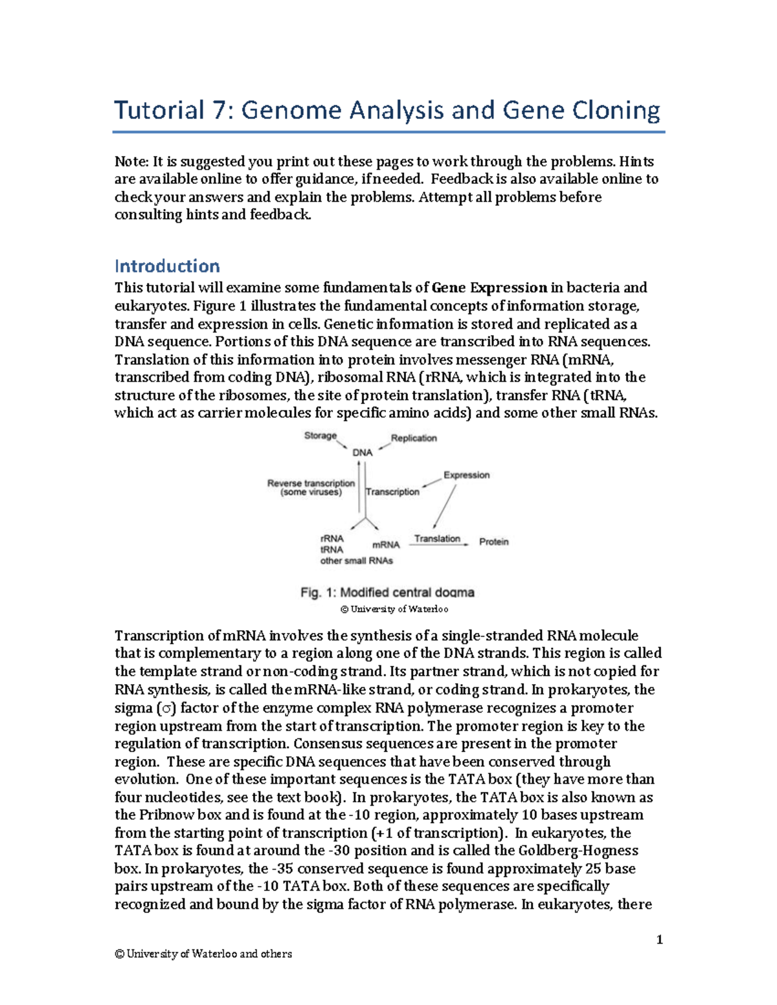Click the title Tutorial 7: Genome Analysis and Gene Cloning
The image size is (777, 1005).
click(387, 111)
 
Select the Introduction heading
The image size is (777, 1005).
click(167, 266)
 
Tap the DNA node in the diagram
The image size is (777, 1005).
click(362, 453)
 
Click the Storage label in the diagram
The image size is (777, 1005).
click(321, 436)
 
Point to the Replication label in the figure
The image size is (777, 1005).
click(414, 438)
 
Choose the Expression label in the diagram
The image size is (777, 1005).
click(466, 475)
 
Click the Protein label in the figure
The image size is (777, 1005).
click(493, 542)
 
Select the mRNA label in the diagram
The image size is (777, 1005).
click(386, 545)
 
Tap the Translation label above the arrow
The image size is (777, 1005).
click(437, 538)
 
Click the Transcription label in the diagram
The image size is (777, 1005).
click(393, 492)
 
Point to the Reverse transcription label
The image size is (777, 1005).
click(311, 483)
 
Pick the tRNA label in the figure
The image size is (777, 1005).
click(332, 549)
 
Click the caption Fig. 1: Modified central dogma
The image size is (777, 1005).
click(387, 592)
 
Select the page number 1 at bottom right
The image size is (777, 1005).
click(659, 940)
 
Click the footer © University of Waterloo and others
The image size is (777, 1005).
click(203, 954)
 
